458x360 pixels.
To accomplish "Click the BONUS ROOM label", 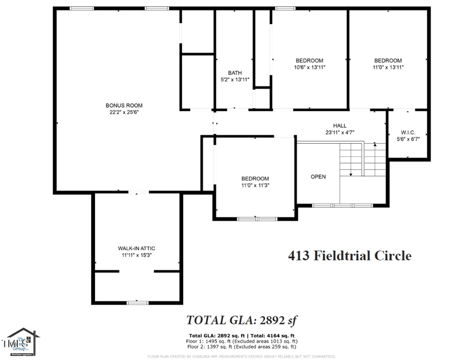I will (124, 105).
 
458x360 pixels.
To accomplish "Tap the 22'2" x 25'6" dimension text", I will (124, 113).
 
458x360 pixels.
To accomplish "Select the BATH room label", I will (235, 73).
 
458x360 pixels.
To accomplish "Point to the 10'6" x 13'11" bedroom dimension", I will (309, 68).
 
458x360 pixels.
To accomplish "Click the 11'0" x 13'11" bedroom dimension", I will (388, 68).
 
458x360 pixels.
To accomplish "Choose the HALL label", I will (340, 125).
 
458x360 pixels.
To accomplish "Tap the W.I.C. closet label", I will (408, 132).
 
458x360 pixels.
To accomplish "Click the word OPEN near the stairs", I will (318, 177).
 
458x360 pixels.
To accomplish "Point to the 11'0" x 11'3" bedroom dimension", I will (255, 185).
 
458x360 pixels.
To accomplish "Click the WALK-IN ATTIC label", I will (137, 248).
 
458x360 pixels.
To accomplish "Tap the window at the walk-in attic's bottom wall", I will (137, 302).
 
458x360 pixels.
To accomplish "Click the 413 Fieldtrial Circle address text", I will (349, 256).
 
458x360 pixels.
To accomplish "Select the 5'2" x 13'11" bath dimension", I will (235, 80).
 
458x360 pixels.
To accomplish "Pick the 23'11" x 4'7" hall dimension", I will (340, 132).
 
